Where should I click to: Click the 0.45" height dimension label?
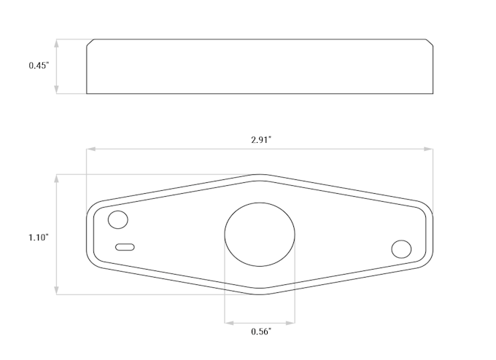point(39,66)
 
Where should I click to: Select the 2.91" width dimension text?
point(261,140)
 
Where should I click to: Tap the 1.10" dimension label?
point(39,238)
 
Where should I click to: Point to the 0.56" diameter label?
point(261,332)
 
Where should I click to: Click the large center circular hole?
point(260,235)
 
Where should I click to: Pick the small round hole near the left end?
point(118,219)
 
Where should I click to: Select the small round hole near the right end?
point(401,249)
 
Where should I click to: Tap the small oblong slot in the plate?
point(125,247)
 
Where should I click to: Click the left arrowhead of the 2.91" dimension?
point(91,149)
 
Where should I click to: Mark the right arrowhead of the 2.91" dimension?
point(429,149)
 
